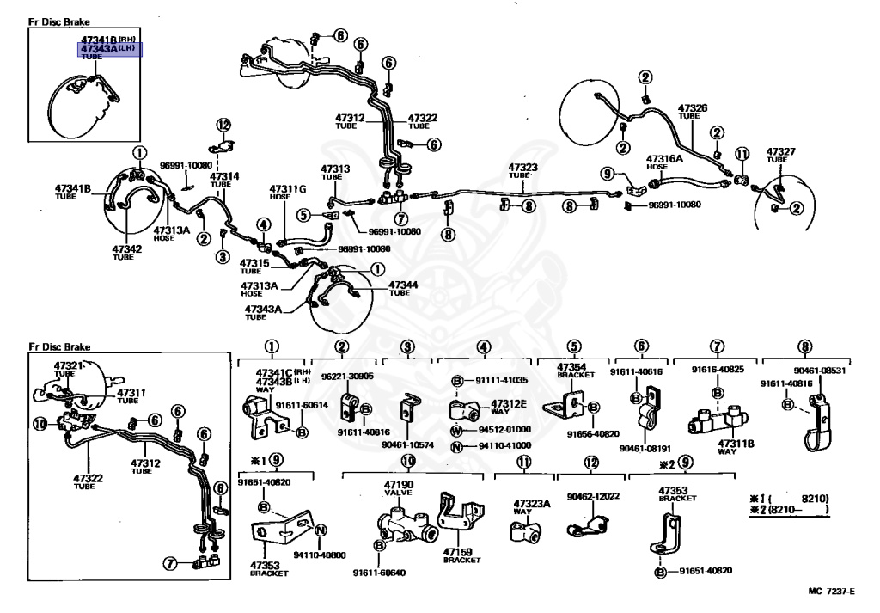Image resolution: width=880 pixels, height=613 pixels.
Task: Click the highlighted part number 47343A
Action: (x=98, y=49)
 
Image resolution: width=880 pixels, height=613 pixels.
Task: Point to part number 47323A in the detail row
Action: (x=531, y=503)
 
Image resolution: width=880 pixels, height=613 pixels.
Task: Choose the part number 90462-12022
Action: (x=593, y=496)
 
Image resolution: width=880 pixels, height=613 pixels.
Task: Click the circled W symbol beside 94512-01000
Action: (x=457, y=429)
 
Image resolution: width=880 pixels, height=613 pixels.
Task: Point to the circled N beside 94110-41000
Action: (x=457, y=445)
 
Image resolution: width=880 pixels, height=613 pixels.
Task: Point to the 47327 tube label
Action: (x=781, y=151)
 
